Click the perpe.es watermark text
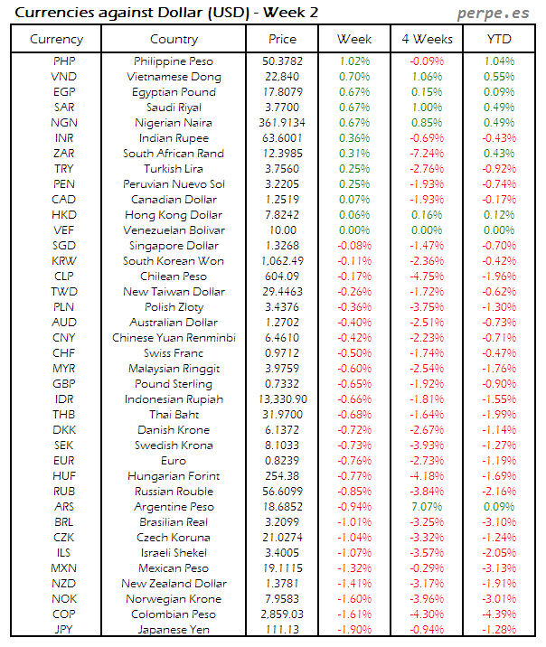pyautogui.click(x=495, y=13)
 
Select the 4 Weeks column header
pyautogui.click(x=426, y=39)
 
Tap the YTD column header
pyautogui.click(x=499, y=39)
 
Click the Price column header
pyautogui.click(x=282, y=39)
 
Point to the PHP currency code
pyautogui.click(x=64, y=61)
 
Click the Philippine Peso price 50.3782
pyautogui.click(x=282, y=61)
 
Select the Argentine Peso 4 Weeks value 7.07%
pyautogui.click(x=426, y=507)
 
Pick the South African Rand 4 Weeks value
pyautogui.click(x=426, y=154)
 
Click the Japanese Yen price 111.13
pyautogui.click(x=282, y=630)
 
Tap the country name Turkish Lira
pyautogui.click(x=174, y=169)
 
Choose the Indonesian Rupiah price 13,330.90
pyautogui.click(x=282, y=399)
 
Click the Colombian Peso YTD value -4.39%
pyautogui.click(x=499, y=614)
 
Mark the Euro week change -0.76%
pyautogui.click(x=354, y=461)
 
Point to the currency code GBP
pyautogui.click(x=64, y=384)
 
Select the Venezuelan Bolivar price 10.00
pyautogui.click(x=282, y=230)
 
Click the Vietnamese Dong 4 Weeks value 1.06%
pyautogui.click(x=426, y=77)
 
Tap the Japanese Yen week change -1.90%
pyautogui.click(x=354, y=630)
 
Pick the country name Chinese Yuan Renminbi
pyautogui.click(x=174, y=338)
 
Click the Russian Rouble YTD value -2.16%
pyautogui.click(x=499, y=492)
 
